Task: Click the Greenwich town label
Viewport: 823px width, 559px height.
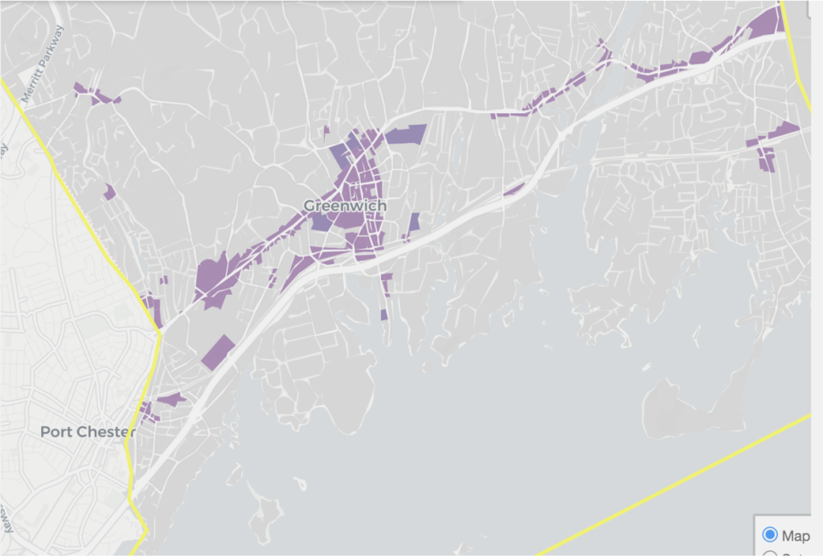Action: (345, 206)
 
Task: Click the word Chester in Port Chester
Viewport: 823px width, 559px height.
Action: (108, 432)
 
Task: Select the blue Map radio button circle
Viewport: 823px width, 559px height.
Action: (769, 534)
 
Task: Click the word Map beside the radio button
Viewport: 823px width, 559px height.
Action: (796, 534)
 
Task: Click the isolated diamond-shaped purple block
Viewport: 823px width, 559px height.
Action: (218, 353)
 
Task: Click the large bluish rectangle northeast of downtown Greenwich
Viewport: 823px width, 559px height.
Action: (406, 134)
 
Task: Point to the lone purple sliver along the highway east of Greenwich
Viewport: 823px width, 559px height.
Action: (514, 190)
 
